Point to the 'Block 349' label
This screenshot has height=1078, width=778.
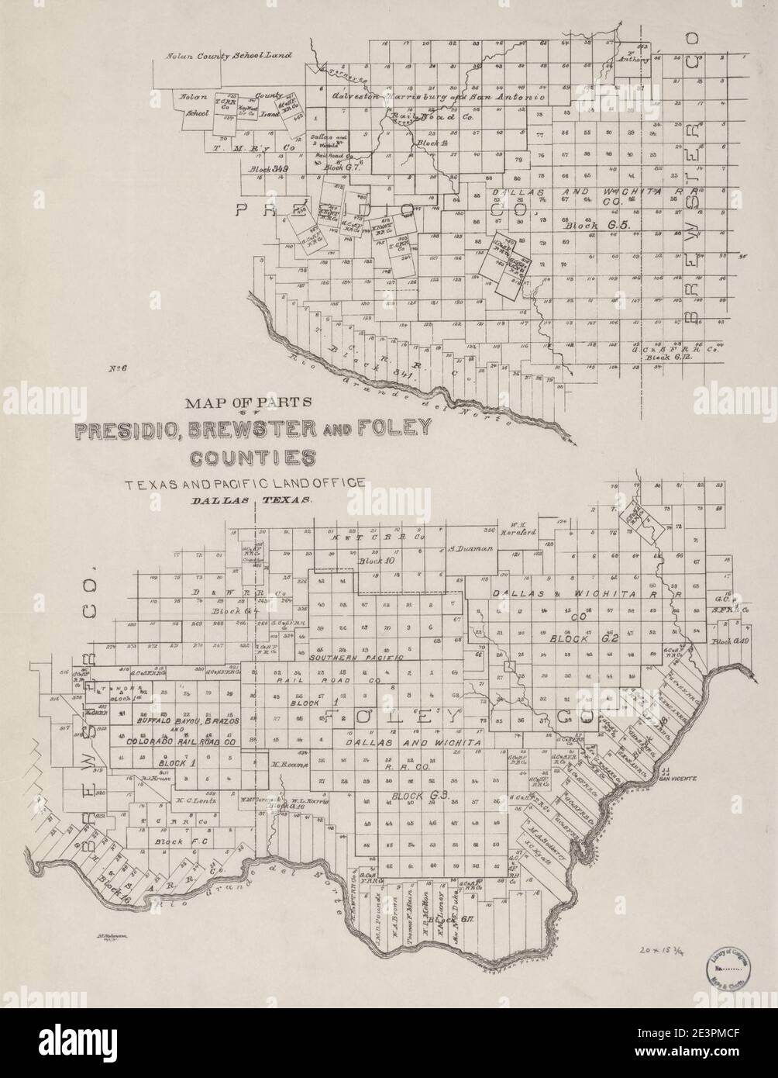(268, 168)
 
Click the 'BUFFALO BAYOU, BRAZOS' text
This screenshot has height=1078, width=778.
(186, 720)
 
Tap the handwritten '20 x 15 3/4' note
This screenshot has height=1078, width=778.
(666, 948)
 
